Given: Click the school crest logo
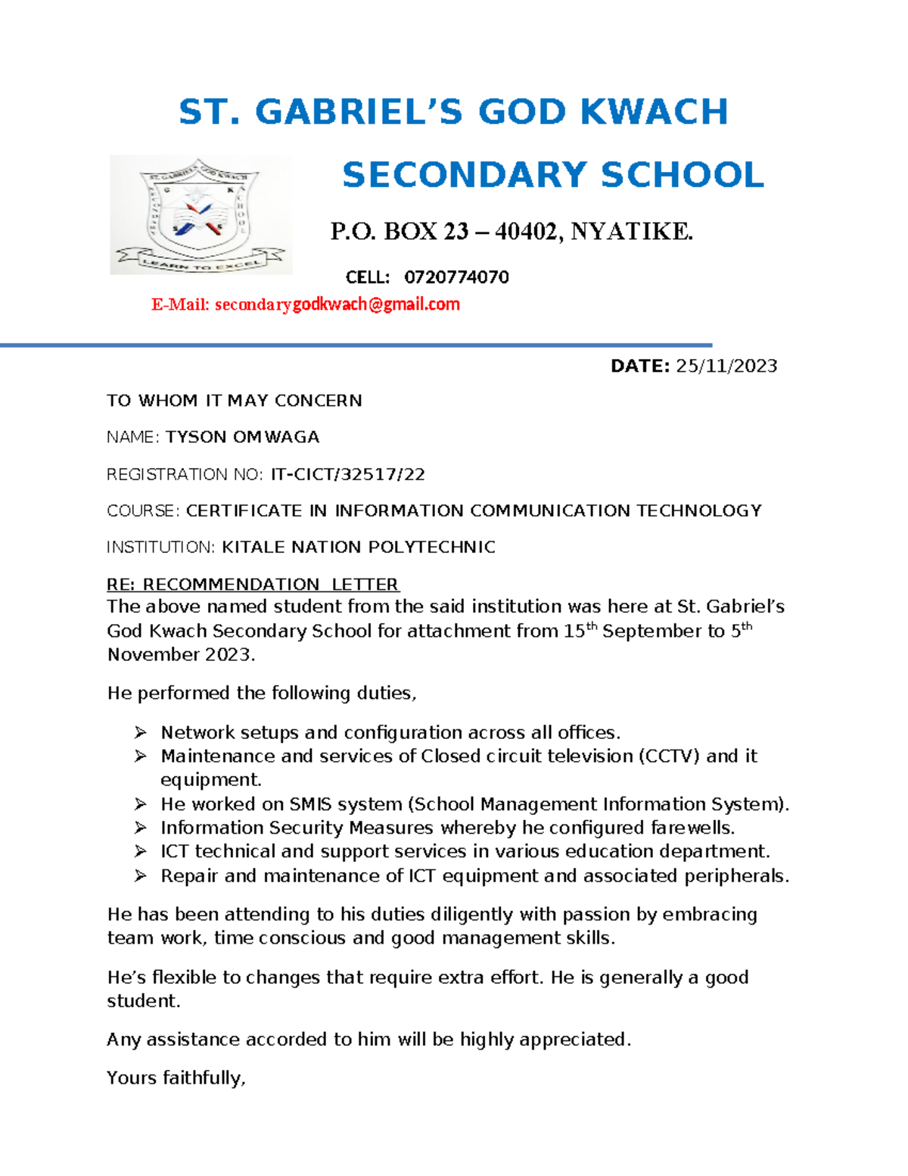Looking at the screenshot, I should click(201, 215).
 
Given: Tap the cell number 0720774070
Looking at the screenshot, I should click(456, 277).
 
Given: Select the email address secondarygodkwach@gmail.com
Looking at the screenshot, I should click(337, 304).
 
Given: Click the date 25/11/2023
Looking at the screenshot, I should click(726, 367).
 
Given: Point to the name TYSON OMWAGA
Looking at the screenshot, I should click(242, 437).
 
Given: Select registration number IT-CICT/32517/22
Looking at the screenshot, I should click(347, 475).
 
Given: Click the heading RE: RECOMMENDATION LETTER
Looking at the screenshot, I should click(253, 585).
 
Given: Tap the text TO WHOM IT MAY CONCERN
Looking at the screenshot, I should click(234, 401).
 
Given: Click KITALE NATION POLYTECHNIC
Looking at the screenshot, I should click(358, 547).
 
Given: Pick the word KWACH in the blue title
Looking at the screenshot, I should click(654, 112).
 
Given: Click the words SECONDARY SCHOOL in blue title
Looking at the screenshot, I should click(552, 175).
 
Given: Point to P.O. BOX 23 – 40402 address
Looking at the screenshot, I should click(512, 231).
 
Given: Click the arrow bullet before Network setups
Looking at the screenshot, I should click(141, 733).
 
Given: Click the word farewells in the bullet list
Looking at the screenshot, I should click(692, 828).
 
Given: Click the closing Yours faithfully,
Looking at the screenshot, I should click(176, 1078).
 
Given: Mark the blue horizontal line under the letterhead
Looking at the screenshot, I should click(356, 345).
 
